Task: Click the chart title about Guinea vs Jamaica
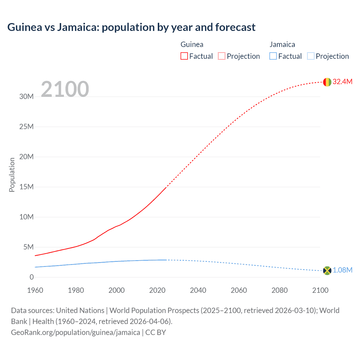pos(131,27)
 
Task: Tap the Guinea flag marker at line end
pos(327,82)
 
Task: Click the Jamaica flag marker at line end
pos(327,271)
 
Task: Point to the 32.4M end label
pos(342,82)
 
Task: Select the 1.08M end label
pos(342,270)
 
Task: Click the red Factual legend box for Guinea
pos(184,56)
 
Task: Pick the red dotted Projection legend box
pos(222,56)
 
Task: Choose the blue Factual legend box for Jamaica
pos(273,56)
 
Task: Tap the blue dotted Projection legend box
pos(311,56)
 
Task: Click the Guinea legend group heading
pos(192,44)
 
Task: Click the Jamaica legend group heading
pos(282,44)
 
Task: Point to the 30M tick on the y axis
pos(26,96)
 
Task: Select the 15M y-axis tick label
pos(26,187)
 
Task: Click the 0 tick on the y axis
pos(31,277)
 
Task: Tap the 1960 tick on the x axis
pos(35,290)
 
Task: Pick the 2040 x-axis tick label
pos(198,290)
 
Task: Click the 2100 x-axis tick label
pos(320,290)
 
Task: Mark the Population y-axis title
pos(12,175)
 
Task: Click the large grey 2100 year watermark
pos(65,89)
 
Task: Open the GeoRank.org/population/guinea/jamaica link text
pos(75,332)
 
